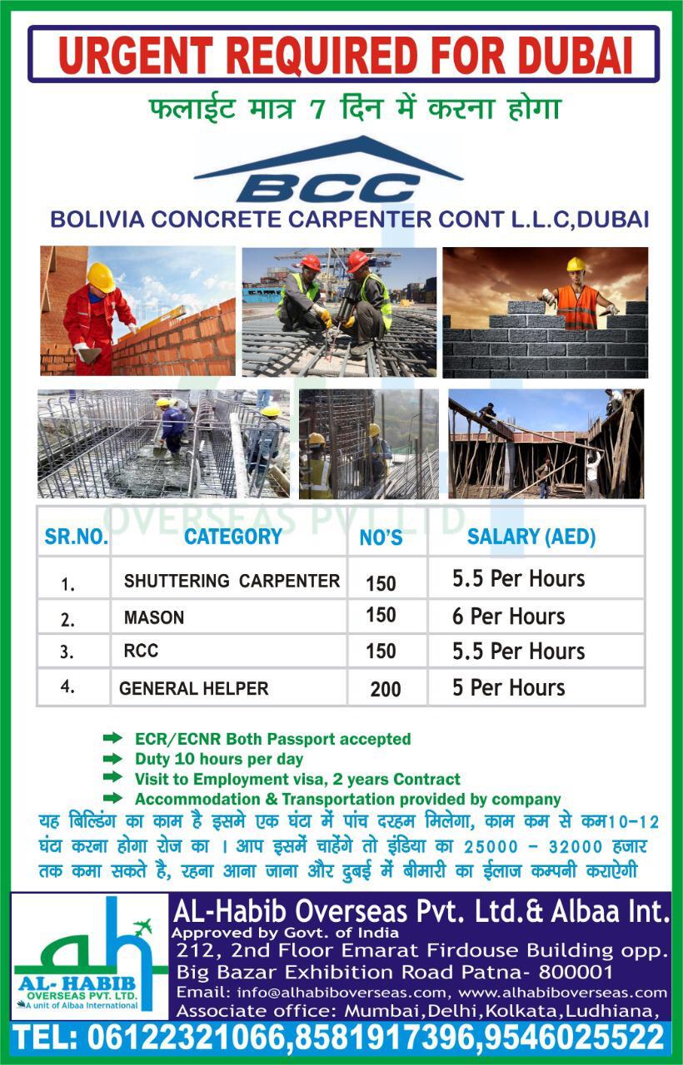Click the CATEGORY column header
click(232, 537)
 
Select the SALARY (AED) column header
click(531, 537)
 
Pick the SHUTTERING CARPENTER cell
click(232, 581)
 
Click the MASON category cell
click(154, 617)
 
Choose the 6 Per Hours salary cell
click(508, 617)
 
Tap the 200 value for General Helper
click(386, 689)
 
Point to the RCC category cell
click(141, 651)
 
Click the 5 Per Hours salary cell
click(508, 688)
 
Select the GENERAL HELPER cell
click(194, 689)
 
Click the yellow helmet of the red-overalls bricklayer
click(101, 276)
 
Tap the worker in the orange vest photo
click(577, 300)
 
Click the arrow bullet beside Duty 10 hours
click(112, 758)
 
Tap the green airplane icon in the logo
click(142, 927)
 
